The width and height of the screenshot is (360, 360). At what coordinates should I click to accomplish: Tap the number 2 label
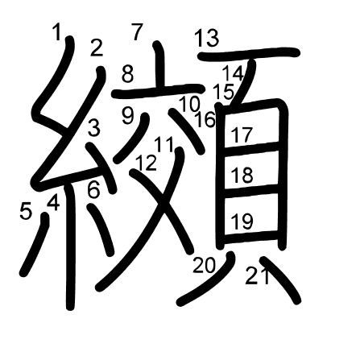97,48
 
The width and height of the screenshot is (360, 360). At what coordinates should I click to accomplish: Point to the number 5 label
25,211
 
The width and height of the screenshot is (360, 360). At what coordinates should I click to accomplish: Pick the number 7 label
137,32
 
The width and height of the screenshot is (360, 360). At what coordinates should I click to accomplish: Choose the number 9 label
128,115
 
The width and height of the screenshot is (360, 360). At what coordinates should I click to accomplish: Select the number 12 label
147,163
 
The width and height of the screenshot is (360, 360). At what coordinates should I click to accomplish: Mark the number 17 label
242,134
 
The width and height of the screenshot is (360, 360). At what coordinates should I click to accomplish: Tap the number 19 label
242,219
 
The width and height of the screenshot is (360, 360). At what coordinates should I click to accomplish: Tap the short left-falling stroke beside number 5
34,246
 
